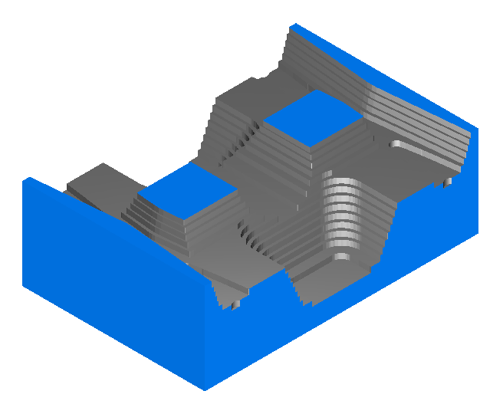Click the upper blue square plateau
[312, 119]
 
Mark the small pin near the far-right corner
[448, 182]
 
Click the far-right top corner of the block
[478, 127]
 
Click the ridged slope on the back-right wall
[406, 115]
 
